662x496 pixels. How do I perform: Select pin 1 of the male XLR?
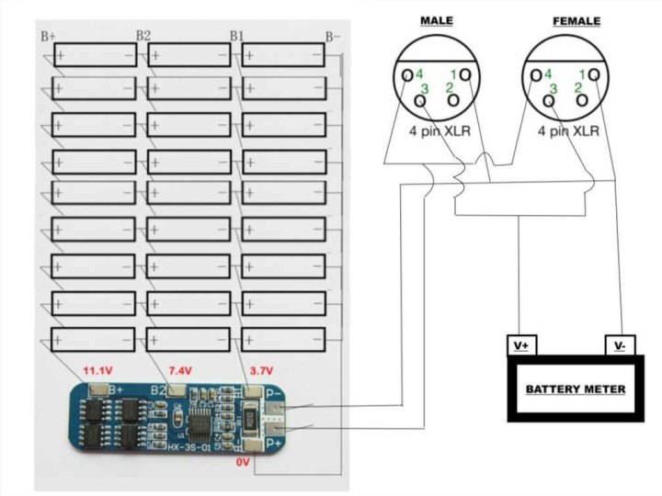pos(465,74)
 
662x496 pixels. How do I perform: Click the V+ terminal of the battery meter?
pos(521,346)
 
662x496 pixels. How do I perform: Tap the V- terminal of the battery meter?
pos(619,346)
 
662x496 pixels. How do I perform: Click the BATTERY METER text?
pos(576,389)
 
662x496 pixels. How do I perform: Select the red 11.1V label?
pos(99,370)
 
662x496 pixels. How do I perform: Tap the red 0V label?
pos(242,463)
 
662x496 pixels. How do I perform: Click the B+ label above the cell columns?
pos(49,37)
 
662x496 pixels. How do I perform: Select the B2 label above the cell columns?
pos(143,36)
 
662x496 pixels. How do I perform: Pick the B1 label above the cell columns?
pos(237,37)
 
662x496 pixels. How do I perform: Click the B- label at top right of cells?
pos(333,37)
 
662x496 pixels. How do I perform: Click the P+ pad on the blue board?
pos(277,433)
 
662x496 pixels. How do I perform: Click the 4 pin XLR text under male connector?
pos(439,130)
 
